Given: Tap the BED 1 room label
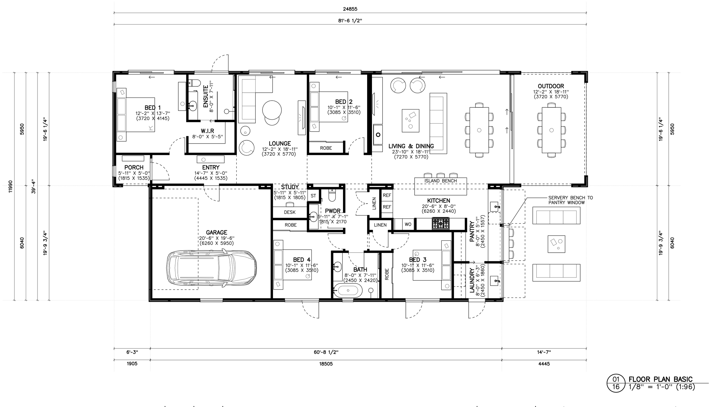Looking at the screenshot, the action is [152, 108].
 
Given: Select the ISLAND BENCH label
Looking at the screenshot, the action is [441, 181].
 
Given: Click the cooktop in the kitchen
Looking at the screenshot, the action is [441, 223].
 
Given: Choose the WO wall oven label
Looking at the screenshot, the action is [408, 224].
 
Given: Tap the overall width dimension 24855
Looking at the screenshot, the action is [350, 9].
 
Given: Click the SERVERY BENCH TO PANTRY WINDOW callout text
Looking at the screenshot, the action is [571, 200].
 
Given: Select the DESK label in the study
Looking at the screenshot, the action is [290, 212].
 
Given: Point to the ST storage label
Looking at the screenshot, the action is [313, 196].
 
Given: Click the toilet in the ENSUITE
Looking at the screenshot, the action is [193, 83].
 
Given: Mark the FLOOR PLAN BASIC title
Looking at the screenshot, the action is [660, 379].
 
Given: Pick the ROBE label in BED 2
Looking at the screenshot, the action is [326, 148].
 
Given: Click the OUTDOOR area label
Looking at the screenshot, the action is [551, 86].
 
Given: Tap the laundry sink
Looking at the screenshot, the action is [495, 281].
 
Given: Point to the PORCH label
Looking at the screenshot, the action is [134, 167].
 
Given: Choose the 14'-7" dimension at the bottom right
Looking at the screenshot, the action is [544, 352].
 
